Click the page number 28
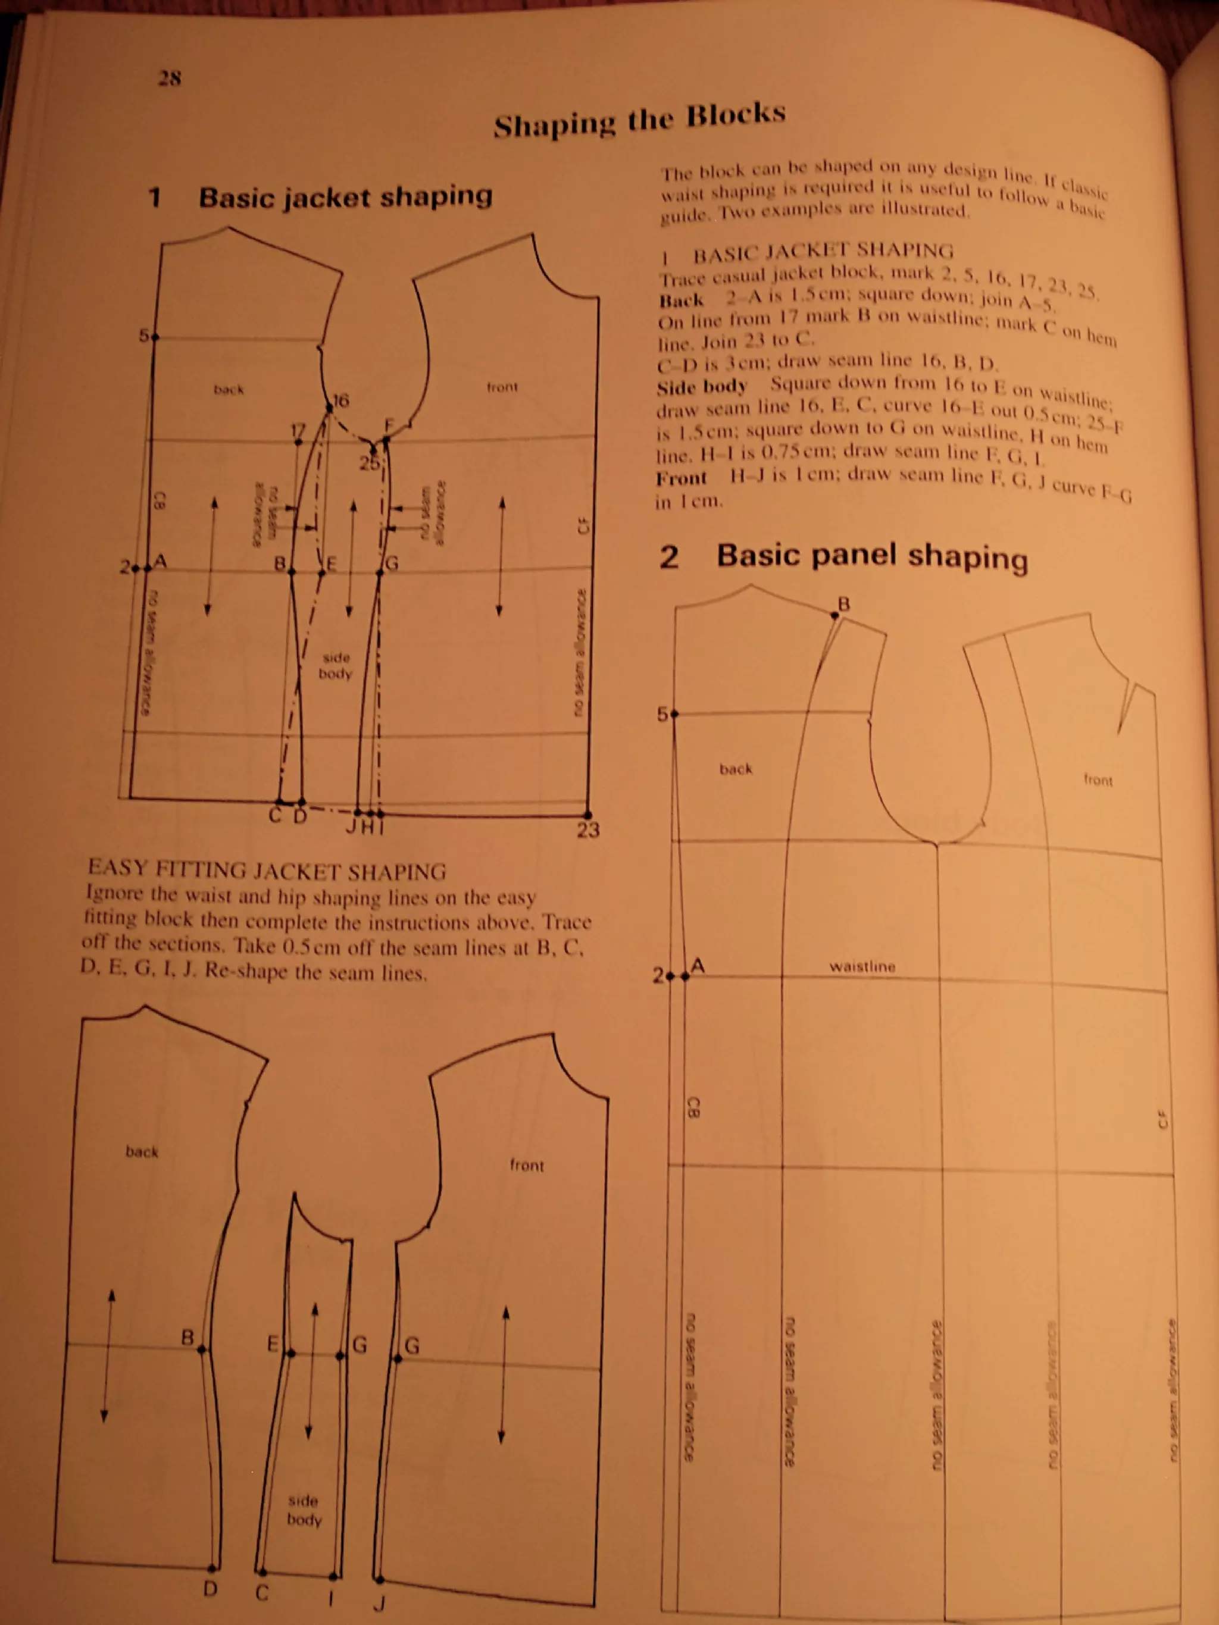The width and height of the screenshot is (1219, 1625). click(x=170, y=78)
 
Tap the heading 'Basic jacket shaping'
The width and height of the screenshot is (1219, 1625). click(x=345, y=197)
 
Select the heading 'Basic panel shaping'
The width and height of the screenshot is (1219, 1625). click(x=872, y=556)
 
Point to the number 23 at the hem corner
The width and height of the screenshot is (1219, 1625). click(x=588, y=830)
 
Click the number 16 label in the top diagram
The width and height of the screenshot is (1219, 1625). click(x=341, y=401)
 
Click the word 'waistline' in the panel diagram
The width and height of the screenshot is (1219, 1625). click(x=862, y=967)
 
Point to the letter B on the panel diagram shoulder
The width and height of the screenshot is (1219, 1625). click(x=844, y=604)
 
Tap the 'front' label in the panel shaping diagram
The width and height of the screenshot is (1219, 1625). click(x=1098, y=779)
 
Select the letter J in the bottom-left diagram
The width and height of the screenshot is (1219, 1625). click(x=379, y=1603)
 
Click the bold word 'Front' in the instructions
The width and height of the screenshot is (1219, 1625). click(x=681, y=478)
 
